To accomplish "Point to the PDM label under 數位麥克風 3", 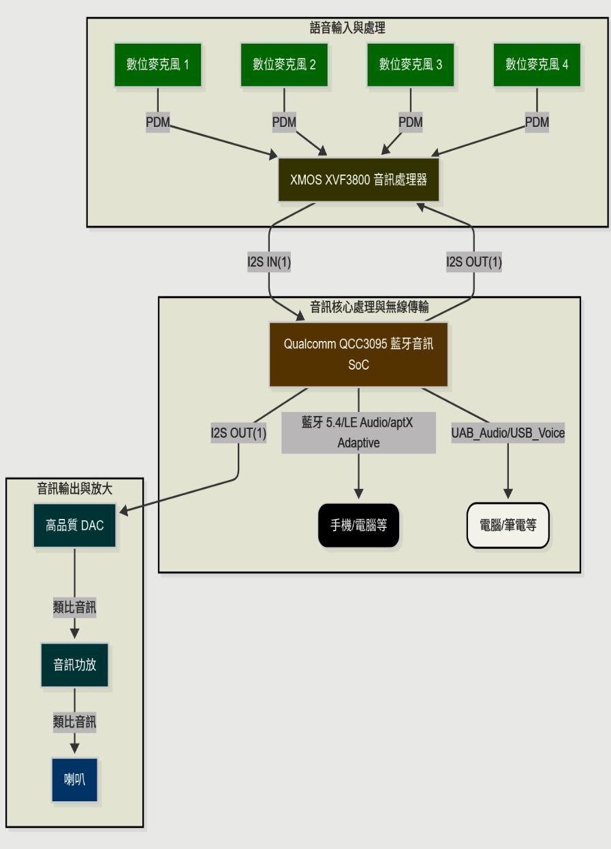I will pos(411,121).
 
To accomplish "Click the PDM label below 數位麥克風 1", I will pos(158,121).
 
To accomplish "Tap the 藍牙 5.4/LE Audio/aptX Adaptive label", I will pos(358,432).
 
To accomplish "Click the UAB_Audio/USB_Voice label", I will pos(508,432).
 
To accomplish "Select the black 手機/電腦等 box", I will pos(358,525).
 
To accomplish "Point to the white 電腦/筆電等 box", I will pos(508,525).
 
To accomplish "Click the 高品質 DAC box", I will pos(75,525).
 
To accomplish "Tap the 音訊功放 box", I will pos(75,665).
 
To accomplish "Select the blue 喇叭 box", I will pos(75,780).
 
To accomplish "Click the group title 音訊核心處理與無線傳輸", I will pos(370,306).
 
